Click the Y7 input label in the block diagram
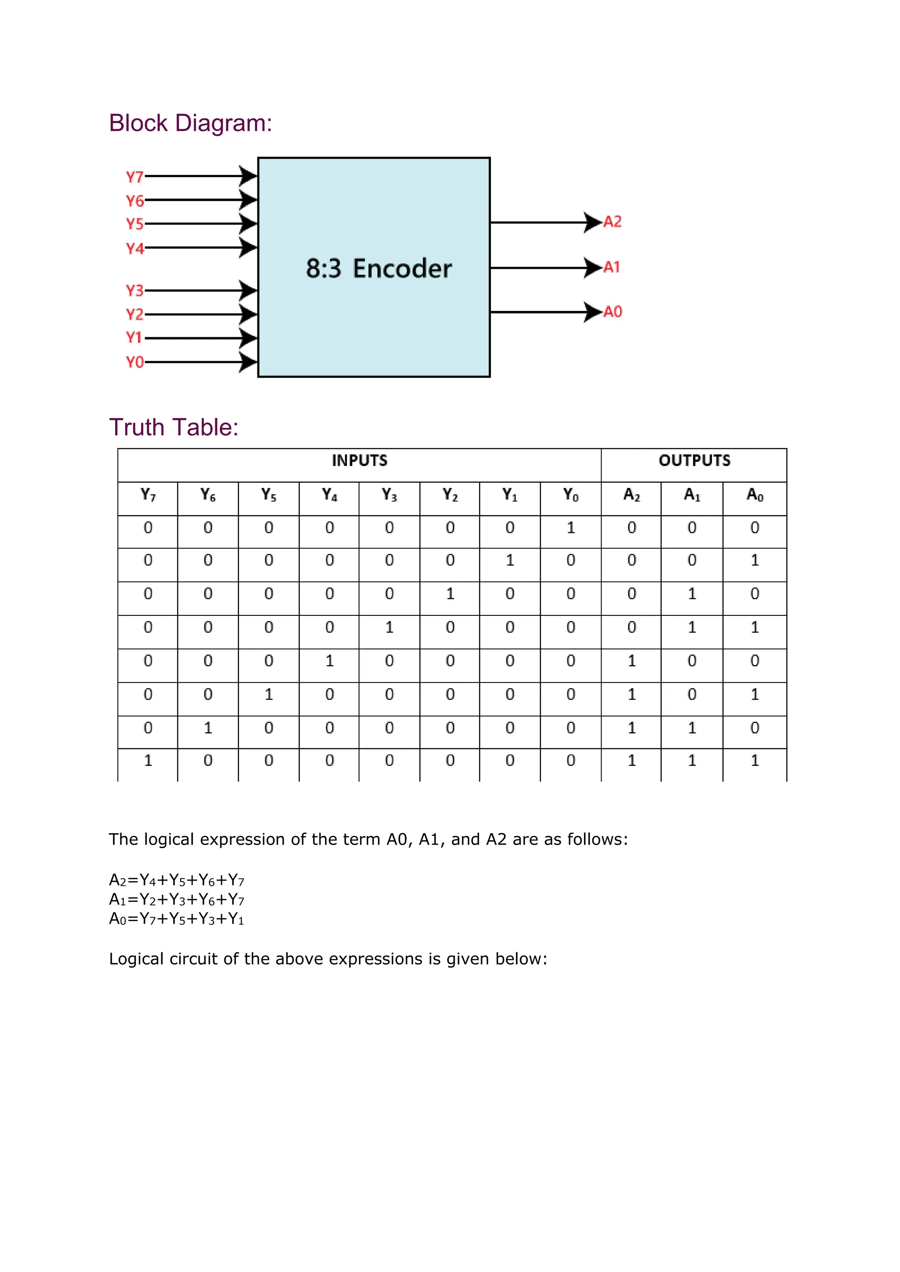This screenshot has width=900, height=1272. (x=134, y=177)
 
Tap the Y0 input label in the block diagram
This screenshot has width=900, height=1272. (x=134, y=362)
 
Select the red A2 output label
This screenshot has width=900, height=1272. (x=612, y=222)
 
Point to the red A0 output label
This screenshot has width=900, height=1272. (x=612, y=312)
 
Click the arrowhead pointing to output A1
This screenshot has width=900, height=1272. (x=592, y=267)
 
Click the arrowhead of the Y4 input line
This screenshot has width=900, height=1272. (x=248, y=248)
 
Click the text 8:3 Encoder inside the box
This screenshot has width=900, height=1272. (x=379, y=269)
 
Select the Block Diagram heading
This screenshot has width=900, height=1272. (x=190, y=123)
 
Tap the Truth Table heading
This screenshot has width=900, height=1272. (x=174, y=427)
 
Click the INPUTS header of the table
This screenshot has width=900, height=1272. (x=359, y=460)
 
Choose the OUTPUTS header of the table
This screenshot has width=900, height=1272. (x=694, y=460)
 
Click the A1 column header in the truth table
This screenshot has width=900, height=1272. (x=692, y=495)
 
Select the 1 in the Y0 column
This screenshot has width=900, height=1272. (x=571, y=528)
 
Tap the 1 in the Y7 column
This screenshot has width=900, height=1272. (x=148, y=761)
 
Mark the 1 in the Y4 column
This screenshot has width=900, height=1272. (x=330, y=661)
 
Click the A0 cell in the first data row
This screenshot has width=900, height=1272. (x=755, y=528)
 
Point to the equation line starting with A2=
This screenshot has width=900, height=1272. (x=176, y=880)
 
